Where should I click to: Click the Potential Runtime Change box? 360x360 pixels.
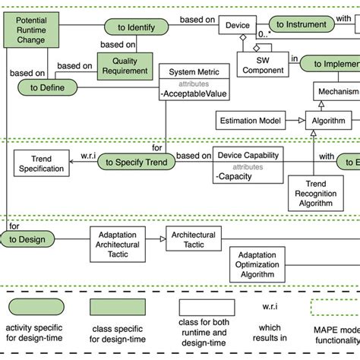click(x=30, y=28)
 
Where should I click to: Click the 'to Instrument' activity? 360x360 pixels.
click(x=301, y=25)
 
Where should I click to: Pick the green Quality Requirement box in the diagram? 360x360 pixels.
click(x=125, y=66)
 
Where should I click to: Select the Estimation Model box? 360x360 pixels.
click(x=250, y=121)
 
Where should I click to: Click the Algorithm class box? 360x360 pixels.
click(x=329, y=121)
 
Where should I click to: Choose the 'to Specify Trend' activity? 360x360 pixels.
click(x=134, y=162)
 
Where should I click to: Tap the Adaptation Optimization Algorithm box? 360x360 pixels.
click(x=261, y=265)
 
